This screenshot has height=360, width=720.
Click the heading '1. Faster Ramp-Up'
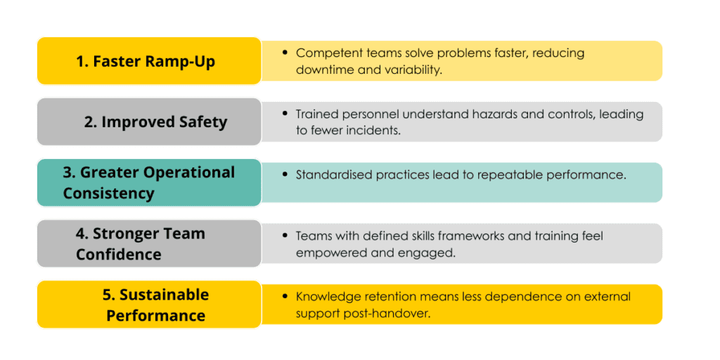pos(146,61)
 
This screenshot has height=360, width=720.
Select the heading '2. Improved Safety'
pos(155,122)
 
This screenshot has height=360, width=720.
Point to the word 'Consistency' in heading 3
pos(108,193)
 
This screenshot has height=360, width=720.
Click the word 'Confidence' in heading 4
pos(118,254)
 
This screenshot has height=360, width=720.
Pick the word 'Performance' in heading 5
pos(155,316)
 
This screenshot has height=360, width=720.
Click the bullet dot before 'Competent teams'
pos(285,53)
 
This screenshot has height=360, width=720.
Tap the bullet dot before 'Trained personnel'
pos(285,113)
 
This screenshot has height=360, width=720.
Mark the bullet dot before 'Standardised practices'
pos(285,175)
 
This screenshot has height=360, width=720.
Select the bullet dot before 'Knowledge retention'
pos(285,297)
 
